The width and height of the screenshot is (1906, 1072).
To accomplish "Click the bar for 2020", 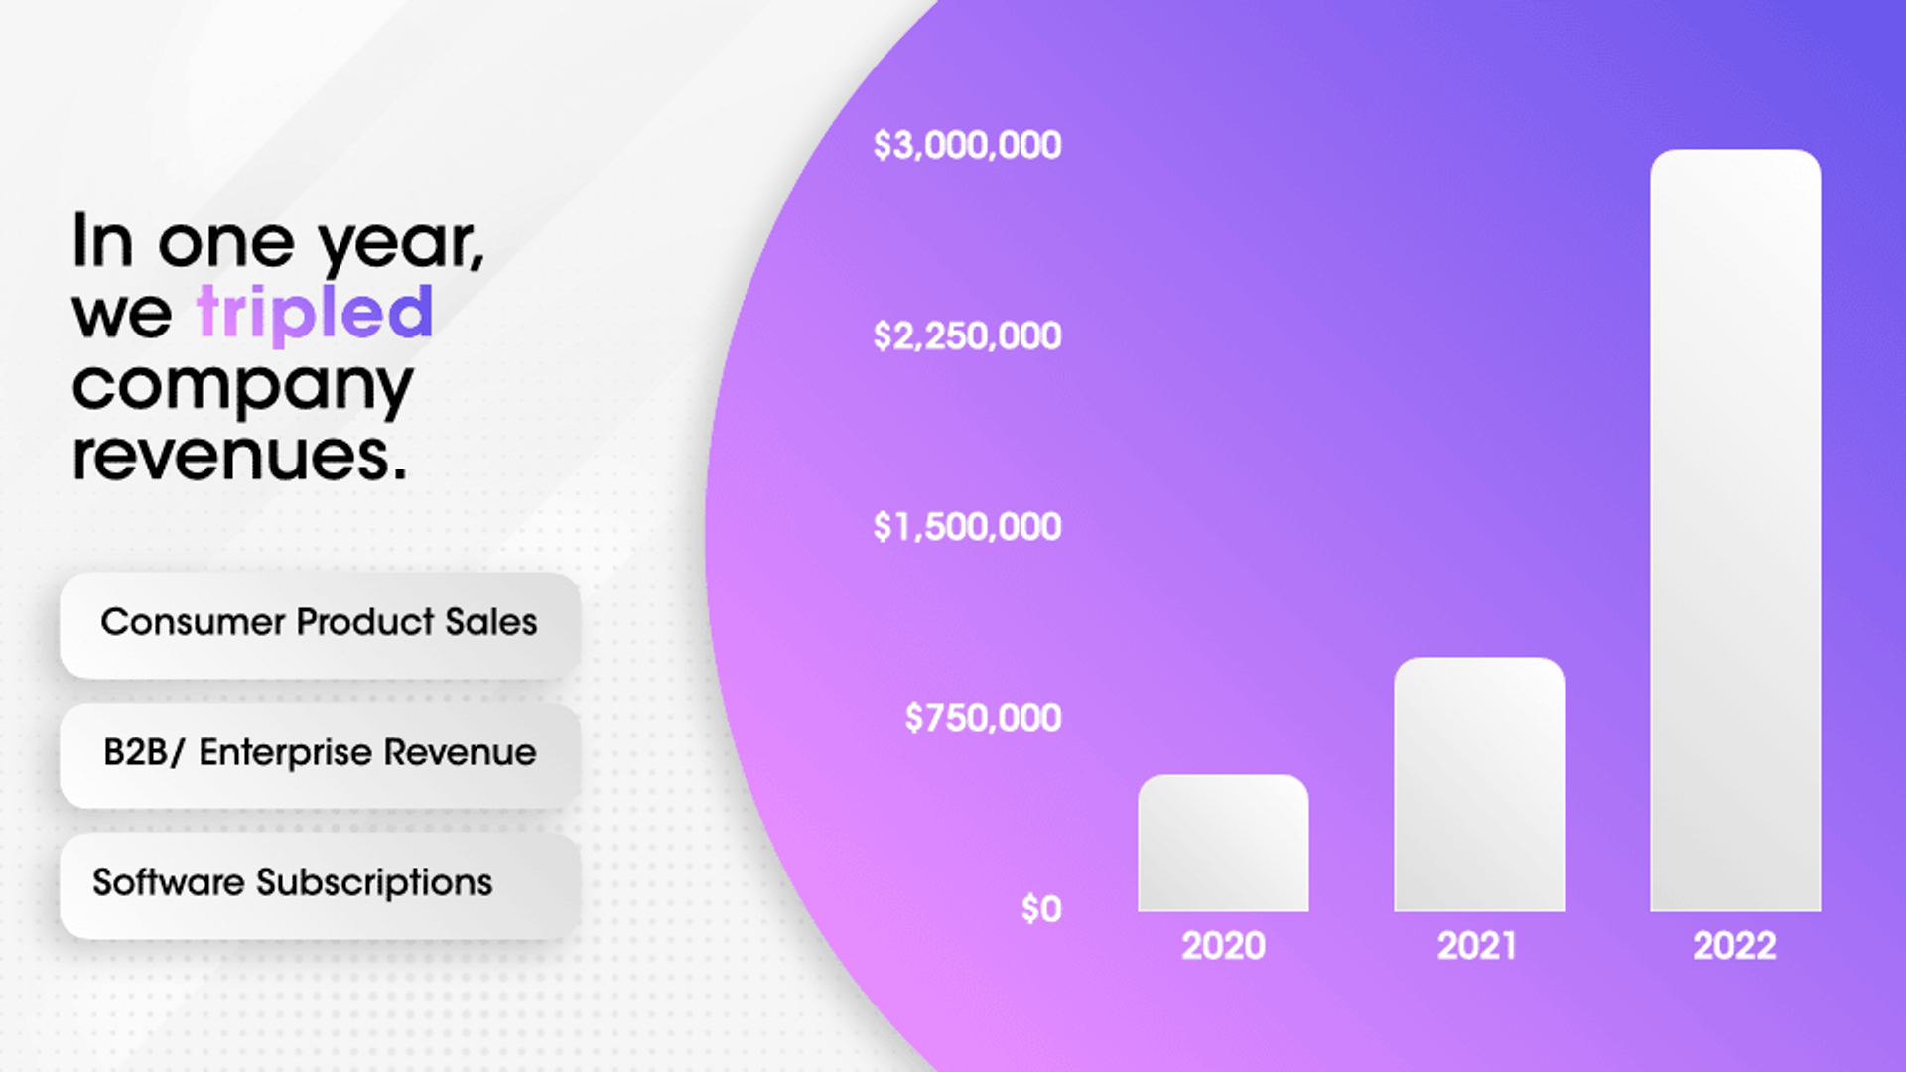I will pyautogui.click(x=1223, y=844).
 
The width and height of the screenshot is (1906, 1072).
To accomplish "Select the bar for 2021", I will pyautogui.click(x=1479, y=784).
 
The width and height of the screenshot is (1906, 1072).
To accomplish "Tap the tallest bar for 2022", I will pyautogui.click(x=1735, y=530).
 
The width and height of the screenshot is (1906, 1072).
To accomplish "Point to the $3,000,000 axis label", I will pyautogui.click(x=967, y=146).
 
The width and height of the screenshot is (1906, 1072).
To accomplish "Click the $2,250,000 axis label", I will pyautogui.click(x=967, y=336).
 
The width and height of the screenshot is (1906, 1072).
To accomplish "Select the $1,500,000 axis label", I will pyautogui.click(x=967, y=527).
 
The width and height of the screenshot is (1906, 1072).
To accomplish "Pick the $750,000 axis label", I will pyautogui.click(x=983, y=718).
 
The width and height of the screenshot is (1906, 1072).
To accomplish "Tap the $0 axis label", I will pyautogui.click(x=1041, y=909).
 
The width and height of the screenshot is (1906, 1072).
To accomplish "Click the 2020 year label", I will pyautogui.click(x=1223, y=946).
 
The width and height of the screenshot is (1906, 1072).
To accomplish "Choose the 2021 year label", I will pyautogui.click(x=1477, y=946).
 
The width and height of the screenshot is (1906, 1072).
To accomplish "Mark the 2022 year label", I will pyautogui.click(x=1734, y=946).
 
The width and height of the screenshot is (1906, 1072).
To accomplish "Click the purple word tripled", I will pyautogui.click(x=315, y=313).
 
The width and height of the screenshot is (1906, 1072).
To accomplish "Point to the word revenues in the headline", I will pyautogui.click(x=239, y=457).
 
